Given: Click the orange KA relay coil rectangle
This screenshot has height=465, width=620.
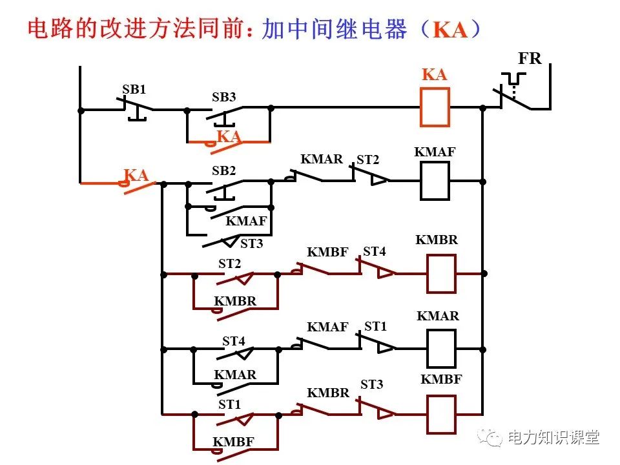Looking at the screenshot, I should click(435, 107).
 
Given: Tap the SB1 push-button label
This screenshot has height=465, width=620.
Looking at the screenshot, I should click(134, 90).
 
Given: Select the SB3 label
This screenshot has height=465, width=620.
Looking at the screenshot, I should click(224, 98).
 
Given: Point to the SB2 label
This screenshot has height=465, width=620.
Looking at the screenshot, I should click(224, 171).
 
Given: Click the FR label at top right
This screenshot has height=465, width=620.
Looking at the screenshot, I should click(530, 58).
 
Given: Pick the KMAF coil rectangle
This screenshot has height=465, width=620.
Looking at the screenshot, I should click(435, 181).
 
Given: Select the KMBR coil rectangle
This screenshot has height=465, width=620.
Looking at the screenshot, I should click(441, 273).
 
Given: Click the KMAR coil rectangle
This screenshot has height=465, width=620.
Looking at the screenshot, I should click(441, 348).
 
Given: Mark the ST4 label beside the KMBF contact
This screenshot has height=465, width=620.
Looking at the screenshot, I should click(374, 251).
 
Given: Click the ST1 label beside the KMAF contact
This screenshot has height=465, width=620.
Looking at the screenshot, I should click(375, 327).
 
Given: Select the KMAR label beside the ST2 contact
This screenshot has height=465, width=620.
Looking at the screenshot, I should click(322, 159).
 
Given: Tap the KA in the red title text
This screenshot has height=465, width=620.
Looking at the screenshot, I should click(449, 30).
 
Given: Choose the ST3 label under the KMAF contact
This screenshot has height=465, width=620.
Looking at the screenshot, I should click(251, 244).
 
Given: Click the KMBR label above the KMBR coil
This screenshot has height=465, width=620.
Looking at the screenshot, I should click(437, 240).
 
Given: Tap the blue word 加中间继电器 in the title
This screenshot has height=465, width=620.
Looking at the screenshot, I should click(335, 29).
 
